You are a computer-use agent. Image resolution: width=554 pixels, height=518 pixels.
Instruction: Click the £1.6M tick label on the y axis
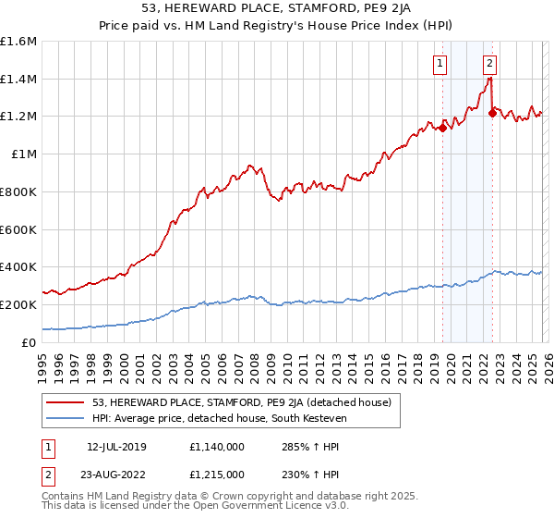18,42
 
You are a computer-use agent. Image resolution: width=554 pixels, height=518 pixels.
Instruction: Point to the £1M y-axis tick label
24,154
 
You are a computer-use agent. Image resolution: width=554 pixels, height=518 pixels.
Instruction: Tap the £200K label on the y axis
18,304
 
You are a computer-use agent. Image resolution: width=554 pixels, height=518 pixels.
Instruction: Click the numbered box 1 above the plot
439,64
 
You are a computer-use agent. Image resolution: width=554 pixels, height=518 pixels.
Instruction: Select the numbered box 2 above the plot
489,64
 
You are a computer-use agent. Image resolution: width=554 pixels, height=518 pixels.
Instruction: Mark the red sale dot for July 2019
442,128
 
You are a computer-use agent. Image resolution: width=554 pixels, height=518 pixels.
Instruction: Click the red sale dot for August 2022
492,114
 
